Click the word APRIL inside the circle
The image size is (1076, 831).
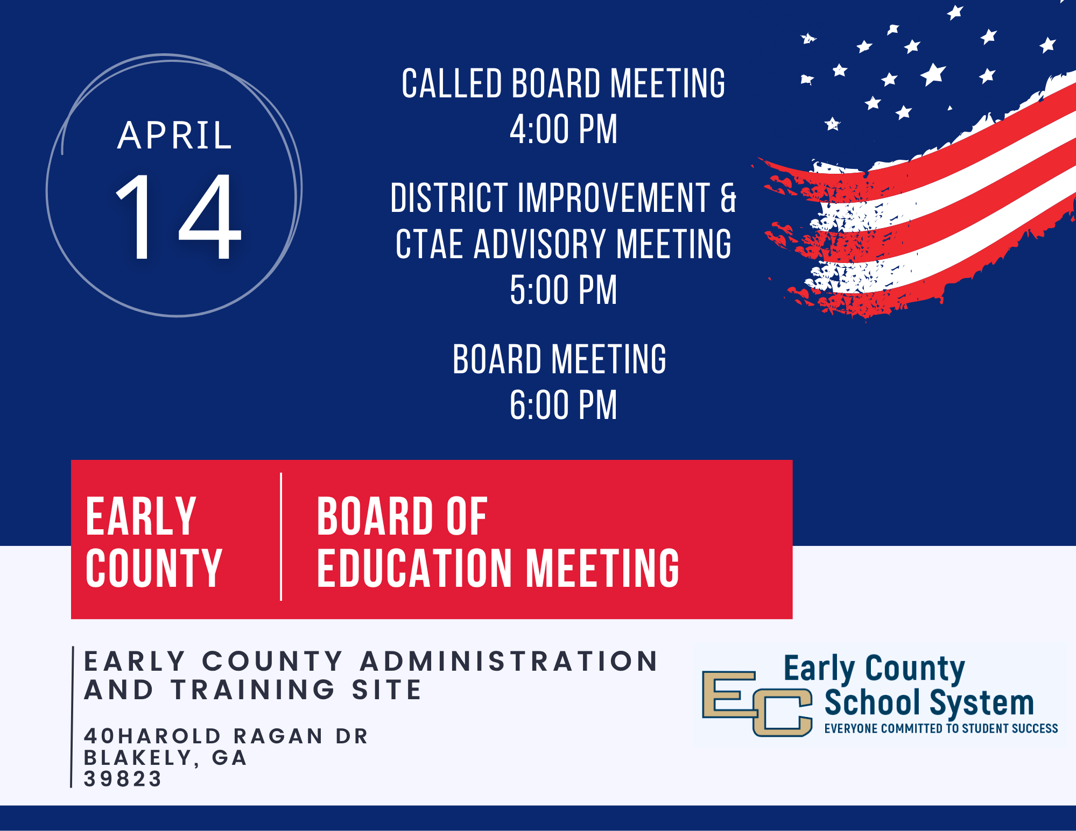(175, 135)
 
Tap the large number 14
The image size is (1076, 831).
(178, 216)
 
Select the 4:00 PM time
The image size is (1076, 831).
(564, 130)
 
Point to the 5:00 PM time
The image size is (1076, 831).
(564, 290)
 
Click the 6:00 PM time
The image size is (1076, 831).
(564, 405)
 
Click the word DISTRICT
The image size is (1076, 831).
(449, 197)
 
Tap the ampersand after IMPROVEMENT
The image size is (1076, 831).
(728, 197)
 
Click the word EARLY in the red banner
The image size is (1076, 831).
(141, 516)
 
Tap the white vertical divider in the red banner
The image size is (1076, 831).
(281, 537)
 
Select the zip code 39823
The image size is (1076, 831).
(123, 779)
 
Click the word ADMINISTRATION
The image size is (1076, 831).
(509, 661)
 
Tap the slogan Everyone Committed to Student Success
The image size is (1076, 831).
(941, 728)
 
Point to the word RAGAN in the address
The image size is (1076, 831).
(278, 736)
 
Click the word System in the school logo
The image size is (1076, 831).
(982, 704)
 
